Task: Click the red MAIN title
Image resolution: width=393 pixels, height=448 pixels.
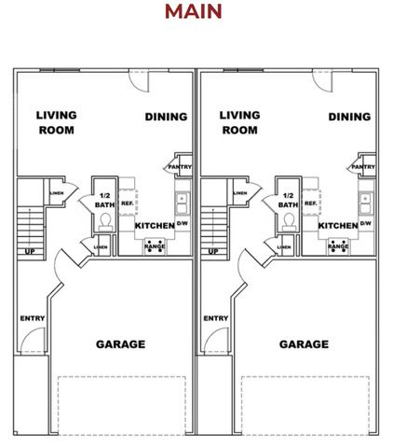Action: tap(194, 11)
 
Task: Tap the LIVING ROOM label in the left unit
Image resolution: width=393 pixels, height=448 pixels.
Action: tap(56, 123)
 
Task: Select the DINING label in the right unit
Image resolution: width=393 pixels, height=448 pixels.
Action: tap(349, 117)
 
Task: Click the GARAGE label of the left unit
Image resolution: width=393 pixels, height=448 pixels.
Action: tap(121, 344)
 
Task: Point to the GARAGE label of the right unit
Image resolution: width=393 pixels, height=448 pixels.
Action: tap(304, 344)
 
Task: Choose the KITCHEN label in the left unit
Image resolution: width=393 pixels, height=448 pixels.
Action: tap(155, 226)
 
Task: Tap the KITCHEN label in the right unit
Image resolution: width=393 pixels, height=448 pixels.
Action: tap(338, 226)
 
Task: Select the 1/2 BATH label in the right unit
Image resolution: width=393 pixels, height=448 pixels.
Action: tap(288, 200)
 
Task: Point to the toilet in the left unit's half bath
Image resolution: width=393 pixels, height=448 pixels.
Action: tap(105, 220)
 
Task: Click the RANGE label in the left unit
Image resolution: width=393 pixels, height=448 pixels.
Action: tap(155, 247)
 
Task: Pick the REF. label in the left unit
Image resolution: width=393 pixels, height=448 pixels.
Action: tap(128, 203)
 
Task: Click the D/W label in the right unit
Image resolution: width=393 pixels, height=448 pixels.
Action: tap(365, 223)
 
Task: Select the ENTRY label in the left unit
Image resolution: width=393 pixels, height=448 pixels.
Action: tap(32, 318)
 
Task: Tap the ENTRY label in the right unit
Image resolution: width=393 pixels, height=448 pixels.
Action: tap(215, 318)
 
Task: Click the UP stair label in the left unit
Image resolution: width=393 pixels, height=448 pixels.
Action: tap(30, 252)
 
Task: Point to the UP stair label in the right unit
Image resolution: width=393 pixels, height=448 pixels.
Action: tap(213, 252)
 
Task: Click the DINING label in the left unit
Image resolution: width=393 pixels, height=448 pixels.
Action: tap(167, 117)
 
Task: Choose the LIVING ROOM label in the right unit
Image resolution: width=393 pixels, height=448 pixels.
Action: tap(239, 123)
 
